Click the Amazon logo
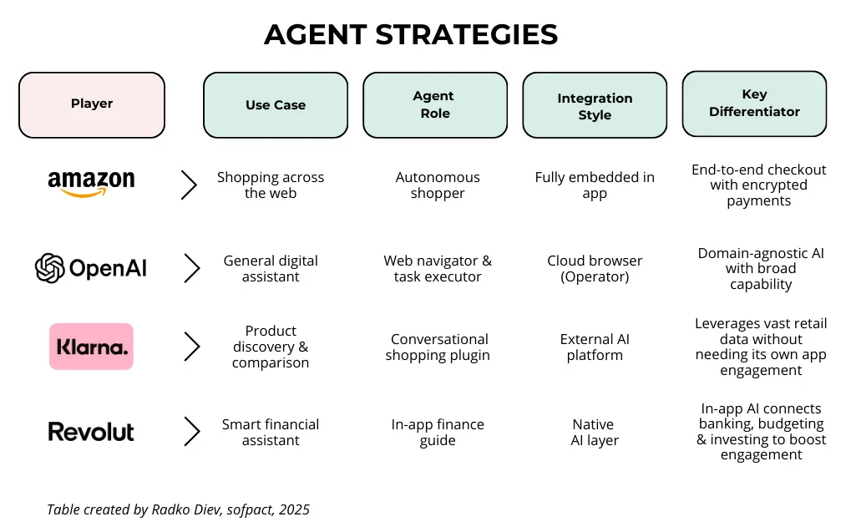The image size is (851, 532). (91, 183)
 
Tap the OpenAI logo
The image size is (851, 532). (91, 268)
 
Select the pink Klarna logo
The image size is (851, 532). (91, 347)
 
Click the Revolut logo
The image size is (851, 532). (91, 432)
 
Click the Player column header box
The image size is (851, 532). (92, 104)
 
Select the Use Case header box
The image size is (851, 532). (276, 105)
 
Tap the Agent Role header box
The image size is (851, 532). (434, 105)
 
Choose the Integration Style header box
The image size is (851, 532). (595, 106)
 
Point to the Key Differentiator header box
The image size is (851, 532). (754, 104)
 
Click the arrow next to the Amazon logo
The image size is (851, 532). (190, 185)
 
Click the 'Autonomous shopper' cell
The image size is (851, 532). (438, 185)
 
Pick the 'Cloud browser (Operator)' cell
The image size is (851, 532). (595, 268)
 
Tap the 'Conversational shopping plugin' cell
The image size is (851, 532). (438, 347)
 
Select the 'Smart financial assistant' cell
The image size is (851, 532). (271, 432)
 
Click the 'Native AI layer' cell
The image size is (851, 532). (594, 432)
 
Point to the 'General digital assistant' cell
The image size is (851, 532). (271, 268)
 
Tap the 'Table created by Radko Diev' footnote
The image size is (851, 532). (178, 509)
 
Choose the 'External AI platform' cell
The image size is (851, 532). (595, 347)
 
